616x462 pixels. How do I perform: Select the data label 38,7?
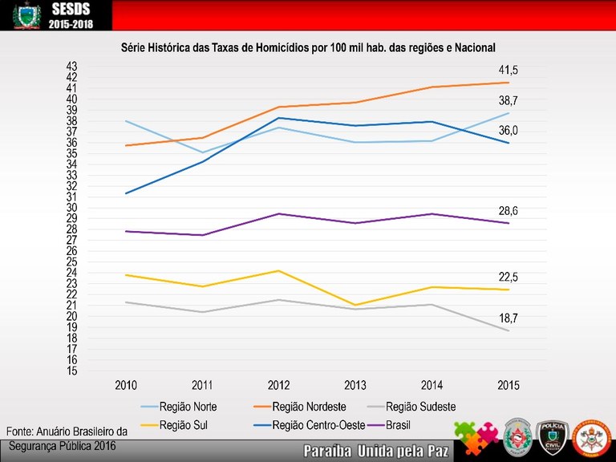point(509,101)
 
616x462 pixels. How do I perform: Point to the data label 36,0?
point(509,131)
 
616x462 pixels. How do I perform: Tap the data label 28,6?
point(509,211)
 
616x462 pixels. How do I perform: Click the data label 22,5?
point(509,277)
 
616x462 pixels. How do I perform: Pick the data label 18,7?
point(509,318)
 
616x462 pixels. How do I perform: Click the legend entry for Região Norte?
point(188,407)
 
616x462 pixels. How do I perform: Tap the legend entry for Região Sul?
point(183,425)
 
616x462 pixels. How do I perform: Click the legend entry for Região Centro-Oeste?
point(318,425)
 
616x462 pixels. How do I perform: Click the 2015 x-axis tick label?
point(508,385)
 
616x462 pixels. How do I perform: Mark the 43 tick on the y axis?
point(71,66)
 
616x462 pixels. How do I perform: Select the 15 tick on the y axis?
point(71,371)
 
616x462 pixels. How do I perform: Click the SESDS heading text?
point(71,9)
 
